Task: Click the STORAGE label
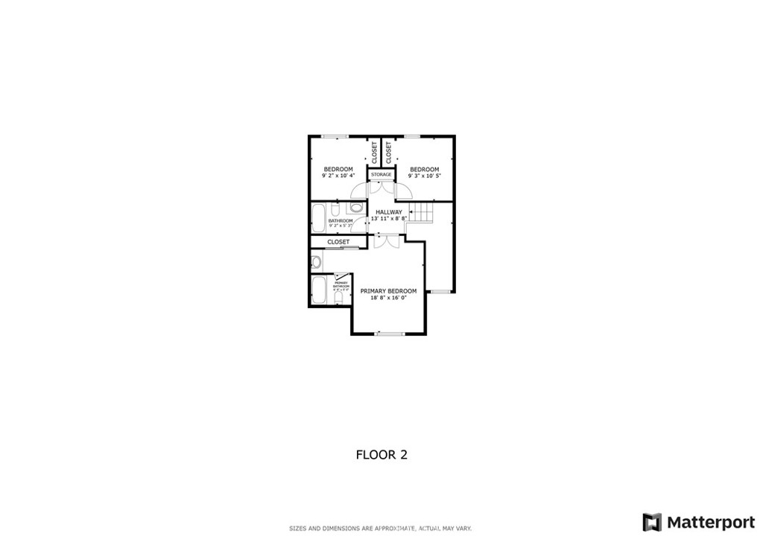381,175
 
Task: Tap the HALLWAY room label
389,212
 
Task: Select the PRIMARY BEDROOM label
388,291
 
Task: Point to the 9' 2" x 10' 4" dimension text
338,176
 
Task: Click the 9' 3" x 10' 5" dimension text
425,176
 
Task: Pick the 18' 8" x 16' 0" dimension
388,298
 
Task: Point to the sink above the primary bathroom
316,261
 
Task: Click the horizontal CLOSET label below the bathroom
338,242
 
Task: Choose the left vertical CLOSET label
375,152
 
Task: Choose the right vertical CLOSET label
389,152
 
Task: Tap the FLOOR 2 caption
381,454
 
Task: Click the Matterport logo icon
652,521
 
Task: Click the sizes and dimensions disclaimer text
381,529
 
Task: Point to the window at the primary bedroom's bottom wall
388,334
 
